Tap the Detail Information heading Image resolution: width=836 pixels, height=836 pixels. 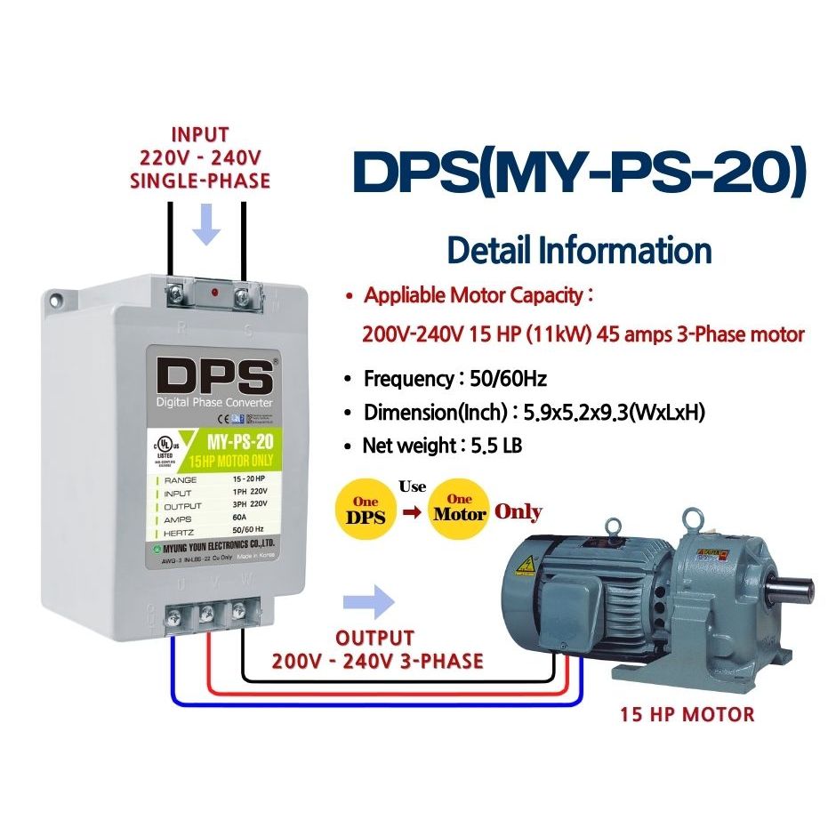click(579, 250)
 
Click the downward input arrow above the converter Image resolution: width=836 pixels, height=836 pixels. click(207, 226)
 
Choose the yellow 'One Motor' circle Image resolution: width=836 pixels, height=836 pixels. click(459, 510)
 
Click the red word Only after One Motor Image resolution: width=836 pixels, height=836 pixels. click(518, 512)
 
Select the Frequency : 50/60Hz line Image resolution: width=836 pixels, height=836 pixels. click(454, 379)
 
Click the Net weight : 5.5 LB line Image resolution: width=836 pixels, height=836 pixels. click(442, 446)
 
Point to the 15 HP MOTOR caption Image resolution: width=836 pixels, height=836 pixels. click(687, 714)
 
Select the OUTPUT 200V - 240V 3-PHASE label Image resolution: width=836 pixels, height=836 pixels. click(377, 650)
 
